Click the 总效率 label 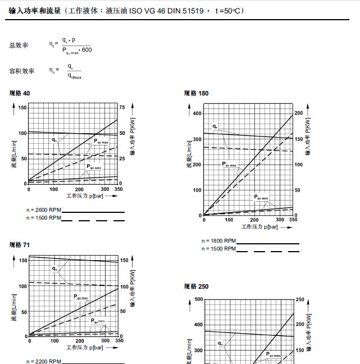[x=19, y=44]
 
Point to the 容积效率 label [x=22, y=71]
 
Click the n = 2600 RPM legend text [x=44, y=210]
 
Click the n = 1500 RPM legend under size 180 [x=220, y=248]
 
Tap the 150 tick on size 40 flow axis [x=22, y=107]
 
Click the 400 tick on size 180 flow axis [x=197, y=113]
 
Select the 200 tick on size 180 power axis [x=298, y=113]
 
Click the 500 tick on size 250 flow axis [x=197, y=299]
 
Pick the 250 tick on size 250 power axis [x=300, y=299]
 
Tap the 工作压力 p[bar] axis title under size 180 [x=261, y=226]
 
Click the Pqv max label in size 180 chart [x=230, y=165]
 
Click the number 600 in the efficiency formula [x=86, y=51]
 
